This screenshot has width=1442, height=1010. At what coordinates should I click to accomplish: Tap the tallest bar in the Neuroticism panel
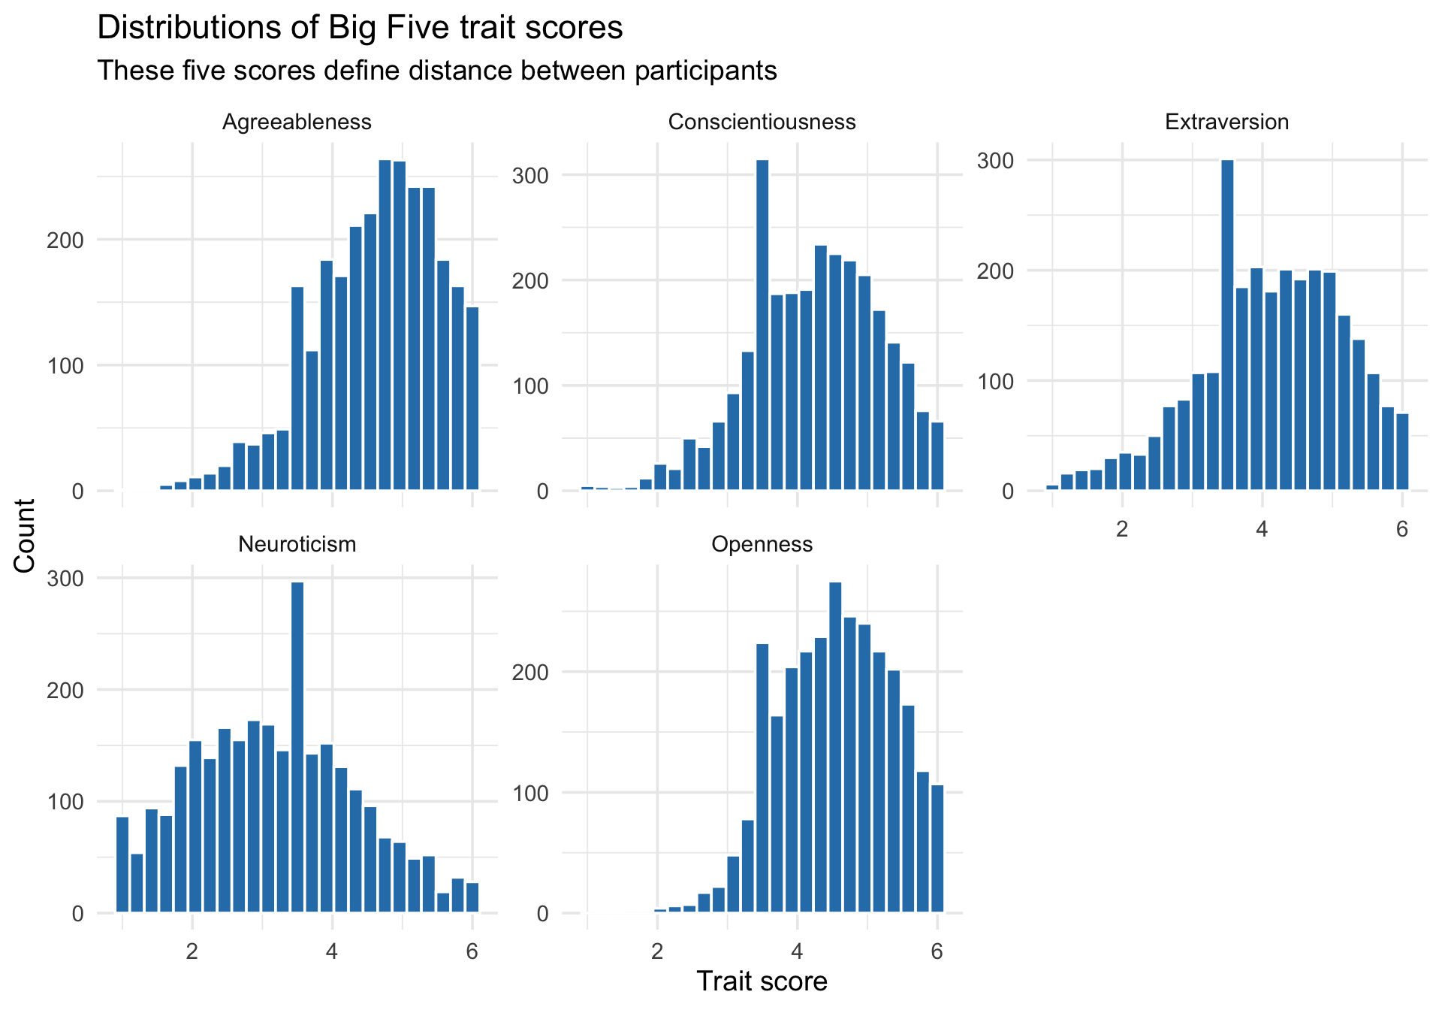tap(297, 748)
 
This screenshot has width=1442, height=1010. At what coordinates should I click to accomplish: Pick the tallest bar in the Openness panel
tap(835, 748)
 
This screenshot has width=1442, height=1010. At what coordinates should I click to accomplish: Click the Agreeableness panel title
tap(297, 122)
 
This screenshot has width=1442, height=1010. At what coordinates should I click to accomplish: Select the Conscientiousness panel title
tap(762, 122)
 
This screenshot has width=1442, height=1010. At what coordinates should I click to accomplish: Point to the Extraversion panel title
tap(1226, 122)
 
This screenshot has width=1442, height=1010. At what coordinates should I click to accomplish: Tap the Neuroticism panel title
tap(297, 544)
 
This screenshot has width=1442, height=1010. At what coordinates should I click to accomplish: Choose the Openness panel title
tap(762, 544)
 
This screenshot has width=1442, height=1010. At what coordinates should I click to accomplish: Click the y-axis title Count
tap(25, 535)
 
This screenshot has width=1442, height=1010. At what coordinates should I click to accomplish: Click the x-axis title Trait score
tap(762, 981)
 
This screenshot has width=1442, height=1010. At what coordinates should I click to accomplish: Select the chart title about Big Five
tap(360, 28)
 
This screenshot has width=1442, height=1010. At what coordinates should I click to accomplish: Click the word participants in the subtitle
tap(704, 71)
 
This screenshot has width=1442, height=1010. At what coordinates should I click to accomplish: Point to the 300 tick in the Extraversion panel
tap(995, 161)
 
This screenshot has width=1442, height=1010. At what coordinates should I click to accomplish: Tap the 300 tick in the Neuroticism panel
tap(66, 579)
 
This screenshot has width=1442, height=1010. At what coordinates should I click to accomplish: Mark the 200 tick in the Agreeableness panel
tap(66, 240)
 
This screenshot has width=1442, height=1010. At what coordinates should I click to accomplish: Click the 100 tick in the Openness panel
tap(530, 794)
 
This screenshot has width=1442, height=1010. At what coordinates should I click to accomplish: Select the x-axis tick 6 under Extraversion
tap(1401, 529)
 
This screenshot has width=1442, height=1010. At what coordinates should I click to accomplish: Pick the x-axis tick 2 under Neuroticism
tap(192, 951)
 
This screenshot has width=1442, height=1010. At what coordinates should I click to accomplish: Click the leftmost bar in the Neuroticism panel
tap(122, 864)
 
